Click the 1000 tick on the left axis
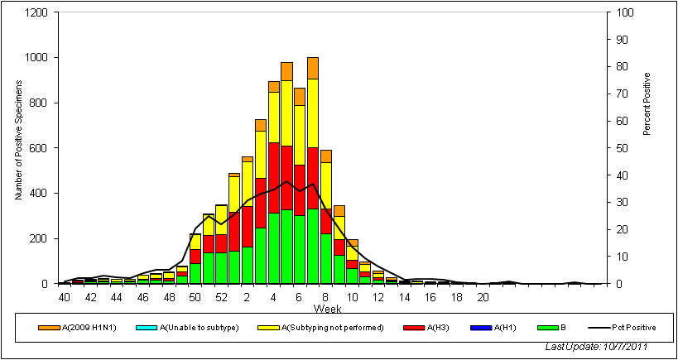pos(35,58)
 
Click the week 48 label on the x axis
pos(169,297)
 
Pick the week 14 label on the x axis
pos(405,297)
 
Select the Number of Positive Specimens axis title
pos(18,148)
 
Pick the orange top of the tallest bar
pos(313,68)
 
